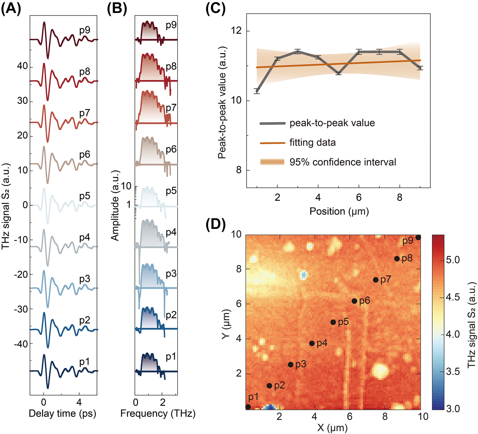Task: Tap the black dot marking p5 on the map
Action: [333, 322]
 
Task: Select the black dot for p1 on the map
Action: [248, 407]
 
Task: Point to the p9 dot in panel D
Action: [418, 238]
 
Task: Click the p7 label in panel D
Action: [385, 280]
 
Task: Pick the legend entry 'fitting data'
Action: [312, 143]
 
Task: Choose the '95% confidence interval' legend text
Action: [343, 162]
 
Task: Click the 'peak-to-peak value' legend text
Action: [332, 123]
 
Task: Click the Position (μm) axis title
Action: [339, 211]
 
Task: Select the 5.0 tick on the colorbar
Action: [453, 260]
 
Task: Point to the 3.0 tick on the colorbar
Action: [453, 409]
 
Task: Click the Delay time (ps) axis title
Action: [63, 413]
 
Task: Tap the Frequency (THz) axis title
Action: [158, 413]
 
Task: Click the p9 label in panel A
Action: [85, 30]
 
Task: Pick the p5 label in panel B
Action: [171, 191]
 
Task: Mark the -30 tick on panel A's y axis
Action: [21, 309]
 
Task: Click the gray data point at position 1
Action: [257, 91]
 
